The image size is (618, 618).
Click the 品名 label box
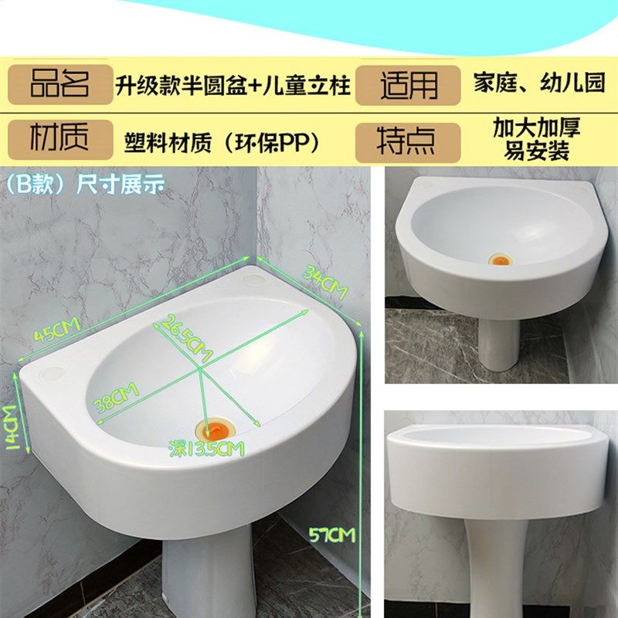pyautogui.click(x=60, y=84)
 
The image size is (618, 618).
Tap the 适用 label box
pyautogui.click(x=408, y=84)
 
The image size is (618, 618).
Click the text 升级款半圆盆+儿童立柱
pyautogui.click(x=233, y=84)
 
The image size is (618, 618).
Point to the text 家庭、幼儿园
pyautogui.click(x=538, y=83)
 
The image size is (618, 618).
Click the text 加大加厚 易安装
pyautogui.click(x=536, y=139)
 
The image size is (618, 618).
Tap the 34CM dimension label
pyautogui.click(x=324, y=280)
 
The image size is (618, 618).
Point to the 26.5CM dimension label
pyautogui.click(x=186, y=339)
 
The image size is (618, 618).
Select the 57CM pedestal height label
pyautogui.click(x=330, y=533)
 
